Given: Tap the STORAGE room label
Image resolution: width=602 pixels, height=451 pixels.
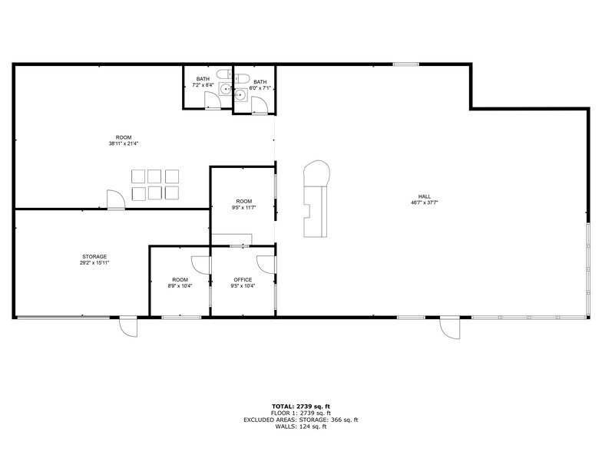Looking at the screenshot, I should point(94,256).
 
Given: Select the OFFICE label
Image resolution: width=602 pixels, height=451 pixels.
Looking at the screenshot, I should point(243,279).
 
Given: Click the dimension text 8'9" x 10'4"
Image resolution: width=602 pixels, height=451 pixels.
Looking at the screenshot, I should point(180,285).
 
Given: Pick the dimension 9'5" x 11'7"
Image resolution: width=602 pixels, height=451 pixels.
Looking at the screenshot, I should point(243,207).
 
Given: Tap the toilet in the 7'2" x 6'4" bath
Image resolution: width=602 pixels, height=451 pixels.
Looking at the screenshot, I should point(222,74).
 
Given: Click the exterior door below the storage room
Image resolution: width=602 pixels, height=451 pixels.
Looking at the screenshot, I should point(127,328).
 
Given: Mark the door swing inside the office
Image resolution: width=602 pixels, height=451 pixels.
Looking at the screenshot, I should point(266,262).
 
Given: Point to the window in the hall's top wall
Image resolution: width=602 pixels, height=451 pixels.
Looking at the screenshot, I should point(405,64).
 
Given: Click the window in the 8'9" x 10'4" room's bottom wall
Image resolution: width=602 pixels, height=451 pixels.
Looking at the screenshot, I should point(181,317).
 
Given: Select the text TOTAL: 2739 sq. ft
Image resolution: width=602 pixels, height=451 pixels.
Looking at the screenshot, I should point(300,406).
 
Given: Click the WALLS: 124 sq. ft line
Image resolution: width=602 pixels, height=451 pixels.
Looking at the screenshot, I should point(300,426).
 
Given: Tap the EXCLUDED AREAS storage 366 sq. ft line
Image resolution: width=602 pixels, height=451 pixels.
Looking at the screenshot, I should point(300,420).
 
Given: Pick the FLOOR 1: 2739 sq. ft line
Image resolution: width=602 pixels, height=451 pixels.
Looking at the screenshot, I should point(300,413).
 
